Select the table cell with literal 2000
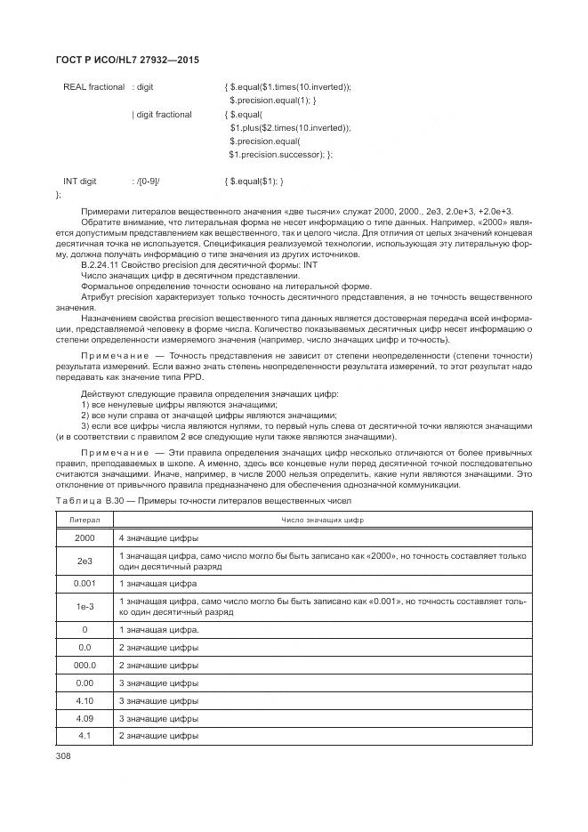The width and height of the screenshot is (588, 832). tap(85, 538)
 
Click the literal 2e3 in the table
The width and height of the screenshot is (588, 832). tap(85, 561)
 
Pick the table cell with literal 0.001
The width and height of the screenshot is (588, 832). tap(85, 584)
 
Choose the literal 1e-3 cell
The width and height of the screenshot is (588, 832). tap(85, 607)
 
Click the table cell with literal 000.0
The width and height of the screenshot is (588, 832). tap(85, 665)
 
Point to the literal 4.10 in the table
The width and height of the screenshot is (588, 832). tap(85, 700)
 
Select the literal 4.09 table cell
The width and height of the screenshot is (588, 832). tap(85, 718)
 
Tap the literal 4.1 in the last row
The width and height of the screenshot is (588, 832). tap(85, 736)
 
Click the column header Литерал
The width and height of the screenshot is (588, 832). tap(85, 520)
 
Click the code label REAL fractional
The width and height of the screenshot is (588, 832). tap(93, 87)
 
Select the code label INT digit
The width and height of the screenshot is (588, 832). tap(79, 181)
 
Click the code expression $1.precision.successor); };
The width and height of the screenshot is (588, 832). tap(280, 154)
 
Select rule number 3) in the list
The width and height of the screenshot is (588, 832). tap(85, 425)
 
